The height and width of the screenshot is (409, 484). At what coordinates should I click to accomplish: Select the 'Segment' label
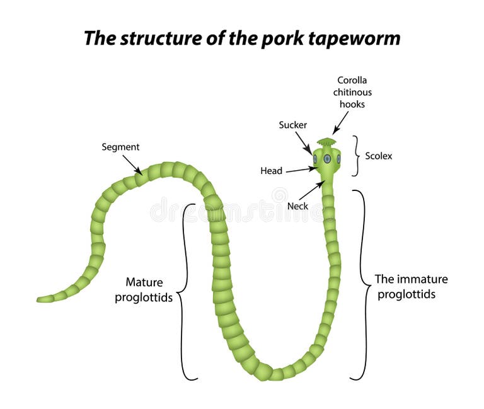(x=120, y=147)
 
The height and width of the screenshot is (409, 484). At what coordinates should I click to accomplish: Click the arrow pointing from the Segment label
(x=132, y=165)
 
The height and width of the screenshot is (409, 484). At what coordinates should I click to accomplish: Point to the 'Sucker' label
(x=292, y=125)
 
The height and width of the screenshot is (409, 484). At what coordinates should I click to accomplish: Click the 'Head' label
(x=271, y=170)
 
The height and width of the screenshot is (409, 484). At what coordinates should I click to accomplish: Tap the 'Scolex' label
(x=378, y=156)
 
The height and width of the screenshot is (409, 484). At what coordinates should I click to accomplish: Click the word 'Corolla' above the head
(x=352, y=80)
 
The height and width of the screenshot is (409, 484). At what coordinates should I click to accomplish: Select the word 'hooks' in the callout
(x=352, y=104)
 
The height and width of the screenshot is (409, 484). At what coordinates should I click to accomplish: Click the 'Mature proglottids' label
(x=144, y=290)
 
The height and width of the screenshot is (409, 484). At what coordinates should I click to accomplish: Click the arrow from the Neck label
(x=311, y=191)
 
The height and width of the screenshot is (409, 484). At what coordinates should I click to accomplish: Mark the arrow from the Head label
(x=301, y=170)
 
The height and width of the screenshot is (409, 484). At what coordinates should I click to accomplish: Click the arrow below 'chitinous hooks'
(x=340, y=124)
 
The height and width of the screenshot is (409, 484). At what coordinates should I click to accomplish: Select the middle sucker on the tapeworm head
(x=327, y=159)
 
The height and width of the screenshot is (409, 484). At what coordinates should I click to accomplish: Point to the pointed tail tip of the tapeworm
(x=40, y=299)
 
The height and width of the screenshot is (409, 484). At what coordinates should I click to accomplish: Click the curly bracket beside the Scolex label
(x=357, y=156)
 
